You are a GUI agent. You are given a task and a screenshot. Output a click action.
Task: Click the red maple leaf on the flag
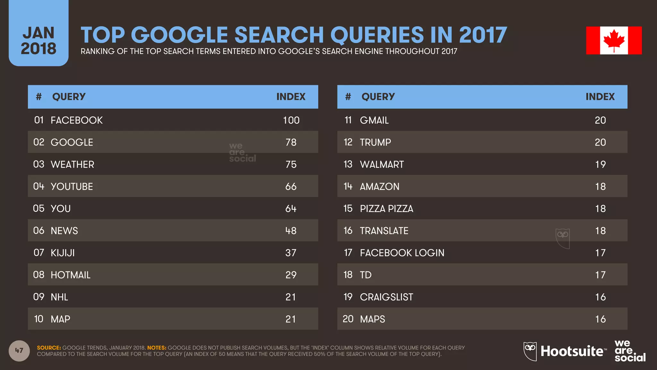(x=614, y=40)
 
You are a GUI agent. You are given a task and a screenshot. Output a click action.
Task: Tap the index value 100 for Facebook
(x=291, y=120)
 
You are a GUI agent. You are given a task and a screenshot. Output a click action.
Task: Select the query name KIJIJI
(x=63, y=253)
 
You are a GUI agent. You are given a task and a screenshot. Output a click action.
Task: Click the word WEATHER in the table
(x=72, y=164)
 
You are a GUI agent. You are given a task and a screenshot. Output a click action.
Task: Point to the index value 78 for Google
(x=291, y=142)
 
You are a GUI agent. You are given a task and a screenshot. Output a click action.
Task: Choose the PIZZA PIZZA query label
(x=386, y=209)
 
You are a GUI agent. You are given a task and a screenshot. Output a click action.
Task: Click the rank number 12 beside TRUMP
(x=348, y=142)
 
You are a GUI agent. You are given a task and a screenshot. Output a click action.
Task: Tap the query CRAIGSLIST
(x=386, y=297)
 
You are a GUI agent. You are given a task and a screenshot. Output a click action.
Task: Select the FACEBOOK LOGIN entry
(x=402, y=253)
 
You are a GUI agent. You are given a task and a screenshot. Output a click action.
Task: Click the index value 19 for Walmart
(x=600, y=164)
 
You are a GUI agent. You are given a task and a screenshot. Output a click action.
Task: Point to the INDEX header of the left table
(x=291, y=97)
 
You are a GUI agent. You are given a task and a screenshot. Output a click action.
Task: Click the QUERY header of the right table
(x=378, y=97)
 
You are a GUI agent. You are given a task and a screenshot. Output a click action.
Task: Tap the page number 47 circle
(x=19, y=350)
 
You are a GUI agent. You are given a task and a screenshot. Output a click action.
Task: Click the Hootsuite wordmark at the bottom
(x=572, y=351)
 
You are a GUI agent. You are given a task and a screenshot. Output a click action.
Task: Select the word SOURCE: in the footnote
(x=49, y=348)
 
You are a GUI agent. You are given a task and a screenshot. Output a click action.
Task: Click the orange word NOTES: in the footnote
(x=157, y=348)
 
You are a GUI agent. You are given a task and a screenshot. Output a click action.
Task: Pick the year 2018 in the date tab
(x=38, y=49)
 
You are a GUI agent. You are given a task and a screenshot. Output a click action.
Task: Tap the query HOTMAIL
(x=71, y=275)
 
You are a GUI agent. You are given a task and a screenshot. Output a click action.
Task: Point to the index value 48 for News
(x=291, y=231)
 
